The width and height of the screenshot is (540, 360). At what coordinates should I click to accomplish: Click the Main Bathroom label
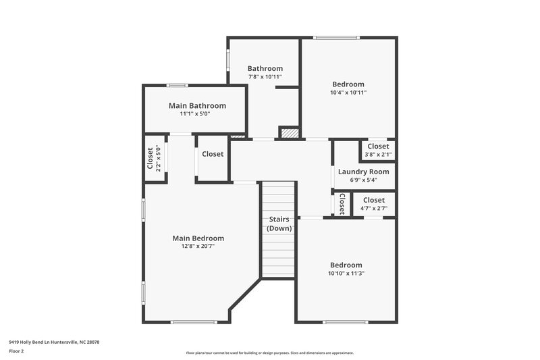click(197, 105)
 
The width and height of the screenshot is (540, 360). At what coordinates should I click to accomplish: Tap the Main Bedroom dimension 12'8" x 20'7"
click(198, 247)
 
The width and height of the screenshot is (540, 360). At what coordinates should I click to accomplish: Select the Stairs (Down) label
click(279, 224)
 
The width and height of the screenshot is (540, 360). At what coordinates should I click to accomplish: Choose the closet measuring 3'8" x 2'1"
click(378, 150)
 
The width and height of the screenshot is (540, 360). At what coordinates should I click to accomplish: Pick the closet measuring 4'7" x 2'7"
click(373, 204)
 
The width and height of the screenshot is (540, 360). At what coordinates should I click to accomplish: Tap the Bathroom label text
click(265, 68)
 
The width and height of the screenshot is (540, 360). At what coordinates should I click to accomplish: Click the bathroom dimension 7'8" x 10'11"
click(265, 77)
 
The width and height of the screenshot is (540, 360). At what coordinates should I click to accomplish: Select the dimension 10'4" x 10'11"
click(348, 93)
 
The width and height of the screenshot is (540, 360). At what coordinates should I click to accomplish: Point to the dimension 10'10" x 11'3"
click(346, 274)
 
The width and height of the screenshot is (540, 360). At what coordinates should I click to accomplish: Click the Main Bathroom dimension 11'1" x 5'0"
click(195, 114)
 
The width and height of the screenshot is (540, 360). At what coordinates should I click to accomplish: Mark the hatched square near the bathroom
click(289, 133)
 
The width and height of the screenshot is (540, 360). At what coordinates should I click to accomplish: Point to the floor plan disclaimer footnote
click(269, 353)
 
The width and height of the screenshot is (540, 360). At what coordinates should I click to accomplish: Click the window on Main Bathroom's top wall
click(178, 85)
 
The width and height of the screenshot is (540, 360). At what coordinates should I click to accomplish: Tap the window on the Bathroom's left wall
click(228, 60)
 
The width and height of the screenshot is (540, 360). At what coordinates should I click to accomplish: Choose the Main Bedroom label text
click(198, 238)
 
